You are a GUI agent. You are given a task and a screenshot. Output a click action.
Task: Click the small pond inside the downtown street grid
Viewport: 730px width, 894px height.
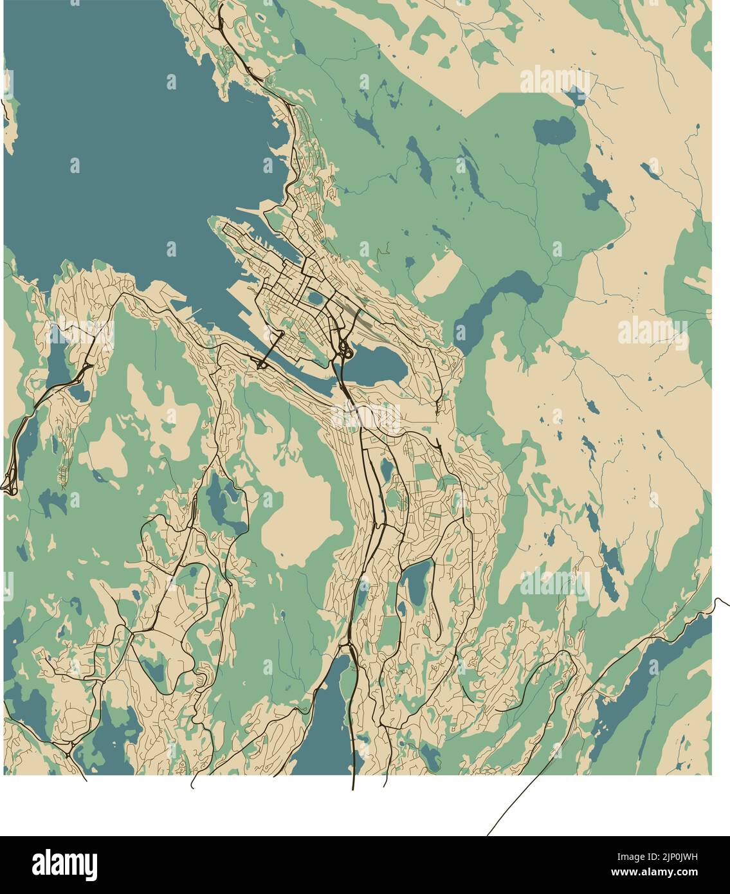[315, 298]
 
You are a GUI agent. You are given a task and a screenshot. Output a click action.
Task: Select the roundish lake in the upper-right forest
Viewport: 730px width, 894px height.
[554, 131]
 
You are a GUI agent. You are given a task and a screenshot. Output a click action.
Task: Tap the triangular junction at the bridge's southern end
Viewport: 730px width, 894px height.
[262, 365]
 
